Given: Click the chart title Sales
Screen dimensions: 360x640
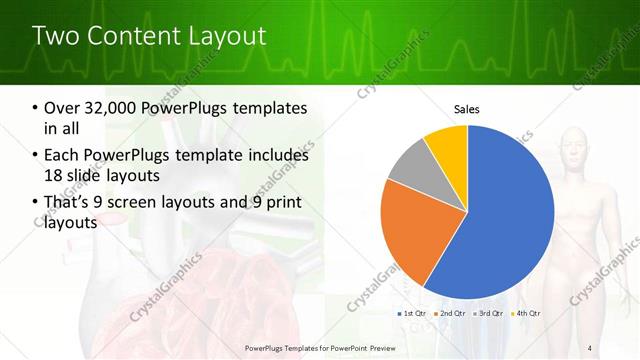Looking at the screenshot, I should (x=467, y=108).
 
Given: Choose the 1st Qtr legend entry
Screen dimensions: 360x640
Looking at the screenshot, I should (x=413, y=313).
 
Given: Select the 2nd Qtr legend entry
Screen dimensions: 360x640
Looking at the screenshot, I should (x=450, y=313).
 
